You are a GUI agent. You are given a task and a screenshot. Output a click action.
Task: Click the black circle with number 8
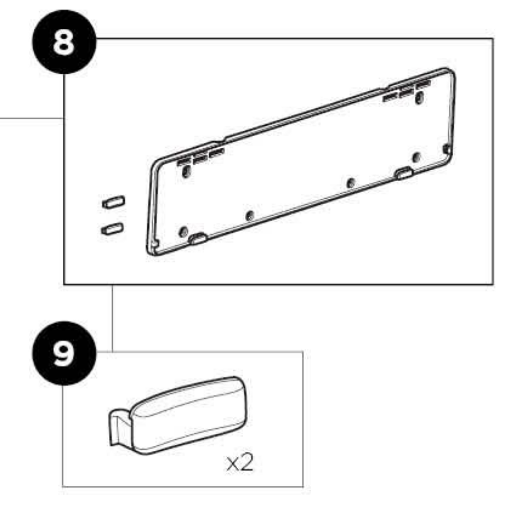[x=65, y=42]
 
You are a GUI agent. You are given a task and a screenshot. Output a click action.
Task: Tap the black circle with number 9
[x=65, y=353]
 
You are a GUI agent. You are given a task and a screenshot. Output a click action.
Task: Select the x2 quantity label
[x=240, y=463]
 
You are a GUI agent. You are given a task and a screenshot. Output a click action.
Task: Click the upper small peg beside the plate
[x=113, y=202]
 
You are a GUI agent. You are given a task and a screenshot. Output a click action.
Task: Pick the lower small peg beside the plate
[x=113, y=229]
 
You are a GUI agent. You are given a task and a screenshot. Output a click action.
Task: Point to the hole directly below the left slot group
[x=186, y=171]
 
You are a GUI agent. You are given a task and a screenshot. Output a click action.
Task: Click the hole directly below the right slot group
[x=419, y=98]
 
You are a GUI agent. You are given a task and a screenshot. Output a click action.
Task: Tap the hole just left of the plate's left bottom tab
[x=184, y=232]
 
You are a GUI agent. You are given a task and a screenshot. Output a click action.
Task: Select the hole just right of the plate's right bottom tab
[x=416, y=157]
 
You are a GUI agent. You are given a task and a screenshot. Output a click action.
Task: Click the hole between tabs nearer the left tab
[x=250, y=216]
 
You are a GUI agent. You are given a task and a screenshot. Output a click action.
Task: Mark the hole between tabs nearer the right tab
[x=351, y=183]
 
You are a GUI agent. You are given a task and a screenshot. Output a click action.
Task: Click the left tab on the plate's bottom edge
[x=198, y=239]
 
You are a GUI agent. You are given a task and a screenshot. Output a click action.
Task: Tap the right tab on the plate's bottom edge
[x=404, y=173]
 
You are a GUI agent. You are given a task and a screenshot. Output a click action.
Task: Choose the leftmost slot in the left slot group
[x=184, y=161]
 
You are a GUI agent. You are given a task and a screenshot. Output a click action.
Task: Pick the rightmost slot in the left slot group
[x=217, y=152]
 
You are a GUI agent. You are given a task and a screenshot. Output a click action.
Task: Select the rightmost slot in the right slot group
[x=424, y=84]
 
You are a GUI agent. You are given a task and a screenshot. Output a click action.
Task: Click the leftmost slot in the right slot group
[x=390, y=96]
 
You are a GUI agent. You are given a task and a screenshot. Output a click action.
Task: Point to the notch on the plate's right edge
[x=447, y=149]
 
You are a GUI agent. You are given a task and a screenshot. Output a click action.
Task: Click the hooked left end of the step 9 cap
[x=119, y=426]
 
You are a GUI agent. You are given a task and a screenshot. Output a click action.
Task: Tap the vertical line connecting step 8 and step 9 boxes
[x=112, y=318]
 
